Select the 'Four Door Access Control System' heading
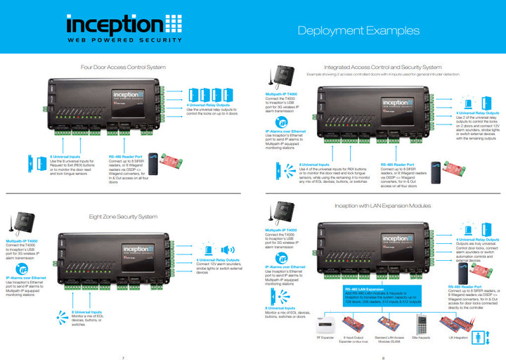tap(124, 67)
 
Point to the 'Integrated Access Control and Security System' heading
tap(378, 66)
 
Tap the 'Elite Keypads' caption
tap(420, 336)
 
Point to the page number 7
tap(124, 356)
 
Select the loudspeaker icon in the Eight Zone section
tap(227, 250)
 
